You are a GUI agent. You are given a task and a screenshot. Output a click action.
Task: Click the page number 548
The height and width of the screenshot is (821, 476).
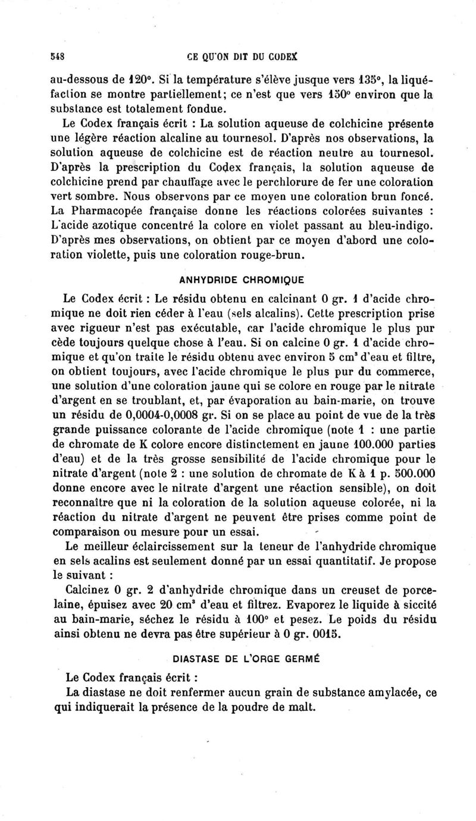tap(57, 57)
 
